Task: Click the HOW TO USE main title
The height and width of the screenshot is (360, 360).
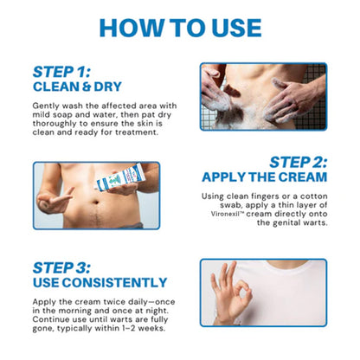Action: tap(179, 26)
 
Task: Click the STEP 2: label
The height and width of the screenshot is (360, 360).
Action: tap(298, 162)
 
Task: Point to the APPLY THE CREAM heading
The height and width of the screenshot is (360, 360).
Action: tap(264, 177)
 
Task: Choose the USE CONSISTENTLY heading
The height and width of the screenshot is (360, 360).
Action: tap(100, 282)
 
